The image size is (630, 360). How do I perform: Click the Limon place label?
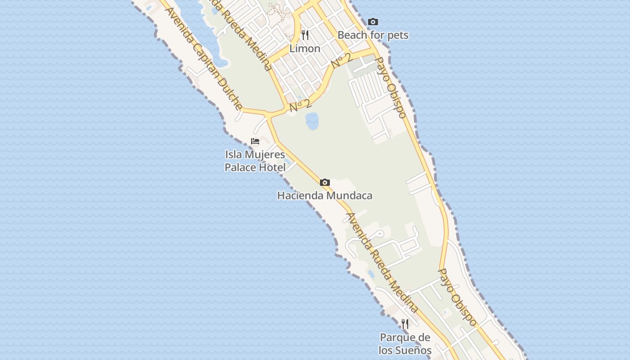(x=305, y=49)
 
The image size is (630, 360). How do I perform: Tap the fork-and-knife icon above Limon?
(x=305, y=35)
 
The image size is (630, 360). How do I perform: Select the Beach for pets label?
(x=373, y=35)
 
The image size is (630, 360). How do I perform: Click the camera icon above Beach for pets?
(x=373, y=22)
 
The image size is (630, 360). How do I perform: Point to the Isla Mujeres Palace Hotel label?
(x=255, y=161)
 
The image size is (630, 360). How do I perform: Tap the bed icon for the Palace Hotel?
(x=255, y=141)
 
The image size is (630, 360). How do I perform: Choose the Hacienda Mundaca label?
(x=324, y=196)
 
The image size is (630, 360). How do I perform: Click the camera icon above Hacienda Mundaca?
(x=324, y=182)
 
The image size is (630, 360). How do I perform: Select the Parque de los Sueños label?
(x=405, y=344)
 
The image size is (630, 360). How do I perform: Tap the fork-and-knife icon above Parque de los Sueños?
(x=405, y=324)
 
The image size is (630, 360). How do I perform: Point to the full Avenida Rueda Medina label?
(x=382, y=263)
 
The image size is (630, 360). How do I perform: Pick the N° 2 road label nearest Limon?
(x=341, y=61)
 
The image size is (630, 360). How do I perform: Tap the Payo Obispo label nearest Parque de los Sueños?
(x=457, y=297)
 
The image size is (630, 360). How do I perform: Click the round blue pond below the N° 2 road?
(x=312, y=121)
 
